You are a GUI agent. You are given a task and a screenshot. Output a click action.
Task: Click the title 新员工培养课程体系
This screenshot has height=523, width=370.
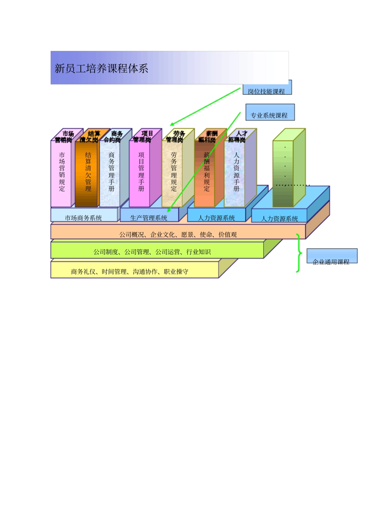[x=102, y=69]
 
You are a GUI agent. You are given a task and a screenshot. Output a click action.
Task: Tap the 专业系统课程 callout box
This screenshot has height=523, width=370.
[x=270, y=113]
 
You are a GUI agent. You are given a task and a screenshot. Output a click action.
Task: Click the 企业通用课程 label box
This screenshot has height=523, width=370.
[x=331, y=257]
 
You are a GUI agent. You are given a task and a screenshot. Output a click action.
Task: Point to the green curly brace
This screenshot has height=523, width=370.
[x=299, y=253]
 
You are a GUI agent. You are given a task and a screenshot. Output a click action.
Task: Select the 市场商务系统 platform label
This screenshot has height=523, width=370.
[x=83, y=217]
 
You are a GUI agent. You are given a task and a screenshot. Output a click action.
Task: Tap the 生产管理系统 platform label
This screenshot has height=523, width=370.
[x=148, y=217]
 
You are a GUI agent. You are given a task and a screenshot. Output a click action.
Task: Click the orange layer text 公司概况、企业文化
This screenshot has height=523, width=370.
[x=178, y=234]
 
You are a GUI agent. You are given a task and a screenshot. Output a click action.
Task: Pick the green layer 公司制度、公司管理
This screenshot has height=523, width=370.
[x=152, y=252]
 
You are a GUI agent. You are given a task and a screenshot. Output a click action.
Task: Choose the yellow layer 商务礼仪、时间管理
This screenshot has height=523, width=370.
[x=129, y=271]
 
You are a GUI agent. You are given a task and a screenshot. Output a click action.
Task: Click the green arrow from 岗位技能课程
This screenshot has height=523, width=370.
[x=205, y=107]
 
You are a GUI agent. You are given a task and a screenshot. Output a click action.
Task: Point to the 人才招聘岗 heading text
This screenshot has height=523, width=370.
[x=237, y=136]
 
